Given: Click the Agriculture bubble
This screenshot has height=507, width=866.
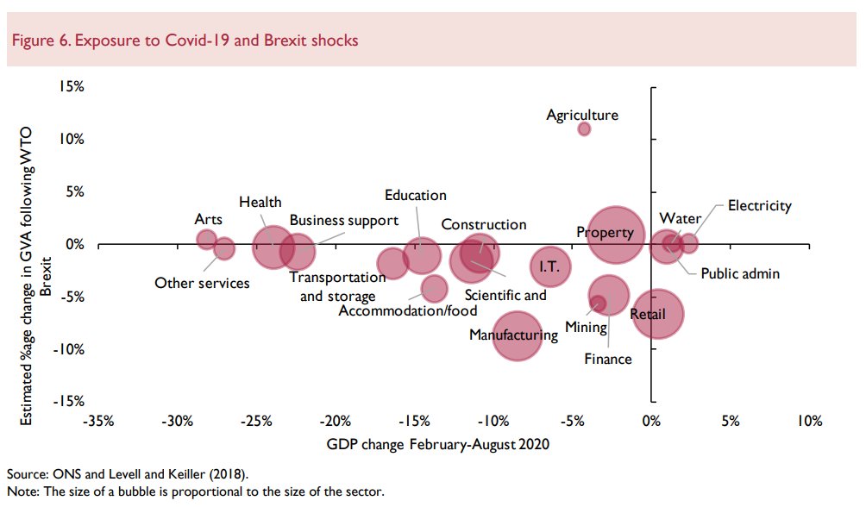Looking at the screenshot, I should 584,128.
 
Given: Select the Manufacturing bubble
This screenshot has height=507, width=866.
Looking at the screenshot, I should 517,335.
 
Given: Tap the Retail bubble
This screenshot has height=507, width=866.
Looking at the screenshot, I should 658,315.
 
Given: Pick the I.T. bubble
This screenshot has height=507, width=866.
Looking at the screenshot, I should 550,266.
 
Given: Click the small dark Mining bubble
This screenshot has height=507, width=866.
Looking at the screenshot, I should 597,303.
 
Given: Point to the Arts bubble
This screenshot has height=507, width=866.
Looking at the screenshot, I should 206,239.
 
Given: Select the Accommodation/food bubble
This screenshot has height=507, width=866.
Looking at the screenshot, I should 434,288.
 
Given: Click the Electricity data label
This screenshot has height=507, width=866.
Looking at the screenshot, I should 759,205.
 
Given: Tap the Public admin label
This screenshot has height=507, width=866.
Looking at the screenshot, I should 739,273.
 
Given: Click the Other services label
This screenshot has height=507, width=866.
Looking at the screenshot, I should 201,283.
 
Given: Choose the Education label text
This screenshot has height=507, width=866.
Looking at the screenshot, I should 415,196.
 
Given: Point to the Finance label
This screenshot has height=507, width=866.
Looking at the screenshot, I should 607,359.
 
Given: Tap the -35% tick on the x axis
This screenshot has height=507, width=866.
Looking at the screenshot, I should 97,421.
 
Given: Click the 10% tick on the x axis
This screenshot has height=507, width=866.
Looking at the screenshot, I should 808,421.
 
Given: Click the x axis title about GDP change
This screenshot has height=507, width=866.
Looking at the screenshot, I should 437,444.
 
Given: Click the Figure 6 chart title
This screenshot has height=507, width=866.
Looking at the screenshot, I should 182,41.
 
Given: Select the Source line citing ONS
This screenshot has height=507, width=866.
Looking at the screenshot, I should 127,474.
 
